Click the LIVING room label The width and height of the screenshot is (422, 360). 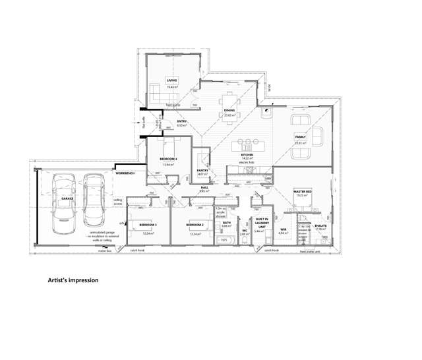[x=172, y=80]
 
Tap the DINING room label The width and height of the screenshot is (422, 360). [x=229, y=110]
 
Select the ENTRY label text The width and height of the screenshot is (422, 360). [x=164, y=122]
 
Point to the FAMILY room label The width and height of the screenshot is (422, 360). [x=301, y=136]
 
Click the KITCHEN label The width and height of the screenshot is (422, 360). [x=247, y=155]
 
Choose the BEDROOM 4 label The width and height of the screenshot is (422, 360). [x=169, y=160]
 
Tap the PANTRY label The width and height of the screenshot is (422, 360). [x=203, y=170]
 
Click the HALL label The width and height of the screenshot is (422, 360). [x=204, y=187]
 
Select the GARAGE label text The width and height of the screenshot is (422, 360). [x=67, y=197]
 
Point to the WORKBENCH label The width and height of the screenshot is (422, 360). [x=125, y=173]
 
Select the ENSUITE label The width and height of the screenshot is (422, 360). [x=321, y=225]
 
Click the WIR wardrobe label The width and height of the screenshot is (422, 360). [x=282, y=229]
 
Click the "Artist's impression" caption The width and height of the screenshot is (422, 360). [x=73, y=280]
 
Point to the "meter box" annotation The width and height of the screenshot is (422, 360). [x=104, y=251]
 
